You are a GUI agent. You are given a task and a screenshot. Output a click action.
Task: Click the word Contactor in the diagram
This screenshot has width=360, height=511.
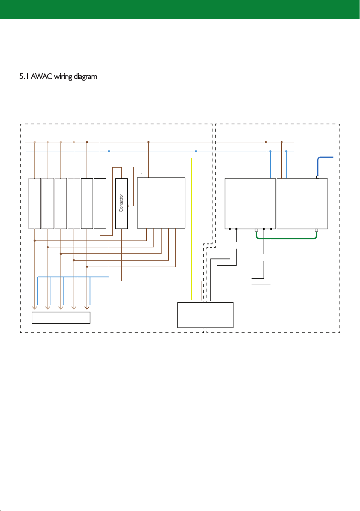[121, 203]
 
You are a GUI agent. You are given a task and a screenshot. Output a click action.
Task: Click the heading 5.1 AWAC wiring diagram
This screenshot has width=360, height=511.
[58, 77]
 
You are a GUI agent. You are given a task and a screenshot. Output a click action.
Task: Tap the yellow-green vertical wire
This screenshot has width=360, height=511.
[191, 228]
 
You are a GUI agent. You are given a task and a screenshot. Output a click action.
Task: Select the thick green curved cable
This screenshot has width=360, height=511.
[286, 238]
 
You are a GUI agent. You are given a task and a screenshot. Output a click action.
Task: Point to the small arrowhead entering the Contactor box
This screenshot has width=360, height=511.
[129, 206]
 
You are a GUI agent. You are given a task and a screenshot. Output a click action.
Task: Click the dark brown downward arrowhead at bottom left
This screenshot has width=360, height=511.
[87, 307]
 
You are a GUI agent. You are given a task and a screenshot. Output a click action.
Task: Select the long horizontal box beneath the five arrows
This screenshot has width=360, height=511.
[61, 318]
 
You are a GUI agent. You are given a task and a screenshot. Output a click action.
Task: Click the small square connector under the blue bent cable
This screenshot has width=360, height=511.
[318, 177]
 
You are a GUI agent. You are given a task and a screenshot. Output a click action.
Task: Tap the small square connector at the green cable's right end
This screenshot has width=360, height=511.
[316, 230]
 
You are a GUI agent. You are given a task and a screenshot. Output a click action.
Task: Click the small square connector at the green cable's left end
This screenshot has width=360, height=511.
[256, 230]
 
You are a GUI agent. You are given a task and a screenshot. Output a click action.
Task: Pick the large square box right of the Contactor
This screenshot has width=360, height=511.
[161, 203]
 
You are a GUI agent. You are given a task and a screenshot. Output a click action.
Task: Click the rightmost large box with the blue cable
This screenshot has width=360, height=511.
[302, 204]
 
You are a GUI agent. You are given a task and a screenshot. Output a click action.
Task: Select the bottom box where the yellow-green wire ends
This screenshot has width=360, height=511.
[205, 315]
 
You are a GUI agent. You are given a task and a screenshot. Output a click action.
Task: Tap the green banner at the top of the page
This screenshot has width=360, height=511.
[180, 9]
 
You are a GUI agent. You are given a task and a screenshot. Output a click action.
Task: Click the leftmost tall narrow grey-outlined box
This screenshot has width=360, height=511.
[35, 203]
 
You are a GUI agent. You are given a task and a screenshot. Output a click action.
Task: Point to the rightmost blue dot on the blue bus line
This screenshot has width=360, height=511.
[286, 151]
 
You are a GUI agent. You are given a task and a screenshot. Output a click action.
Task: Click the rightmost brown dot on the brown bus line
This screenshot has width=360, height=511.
[282, 142]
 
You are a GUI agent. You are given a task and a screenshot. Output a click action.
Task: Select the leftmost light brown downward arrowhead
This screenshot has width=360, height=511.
[35, 307]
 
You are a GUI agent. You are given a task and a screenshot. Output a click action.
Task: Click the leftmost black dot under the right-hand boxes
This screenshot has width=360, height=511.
[230, 229]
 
